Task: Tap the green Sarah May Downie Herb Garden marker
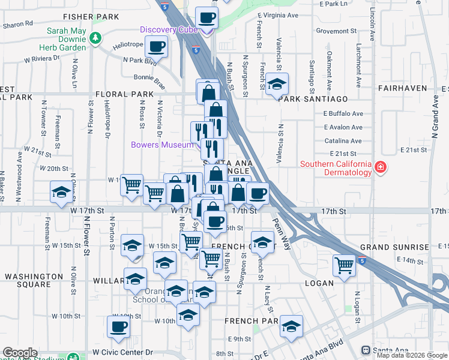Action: pos(95,38)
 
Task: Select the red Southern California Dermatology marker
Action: pos(379,167)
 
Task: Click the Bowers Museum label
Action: pos(162,145)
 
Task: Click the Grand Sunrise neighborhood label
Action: pos(394,247)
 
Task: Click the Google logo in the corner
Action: pos(20,353)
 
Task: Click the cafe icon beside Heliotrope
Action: pos(157,46)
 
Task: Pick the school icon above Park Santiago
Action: pos(277,83)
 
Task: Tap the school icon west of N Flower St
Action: pos(61,192)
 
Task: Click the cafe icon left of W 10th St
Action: pos(118,326)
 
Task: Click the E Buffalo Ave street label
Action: pos(343,113)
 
